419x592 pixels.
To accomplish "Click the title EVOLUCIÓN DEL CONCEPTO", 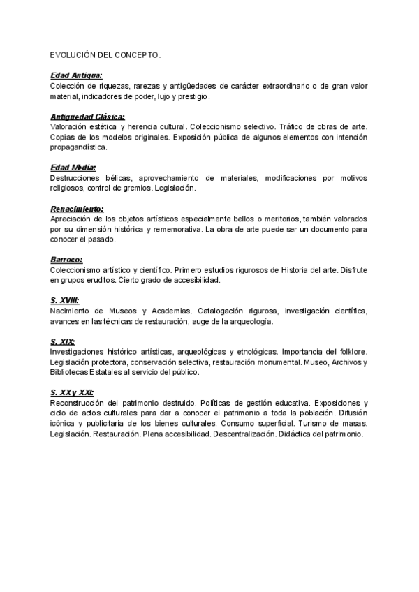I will point(105,54).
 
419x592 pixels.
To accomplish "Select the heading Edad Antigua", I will point(76,75).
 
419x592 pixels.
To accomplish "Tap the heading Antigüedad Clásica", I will point(87,117).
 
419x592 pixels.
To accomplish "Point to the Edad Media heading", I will point(73,168).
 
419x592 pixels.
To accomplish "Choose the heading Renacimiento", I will point(77,209).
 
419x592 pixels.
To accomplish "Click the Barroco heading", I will point(66,260).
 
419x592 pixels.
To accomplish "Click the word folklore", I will point(351,352).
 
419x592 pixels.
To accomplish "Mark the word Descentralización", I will point(232,434).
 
